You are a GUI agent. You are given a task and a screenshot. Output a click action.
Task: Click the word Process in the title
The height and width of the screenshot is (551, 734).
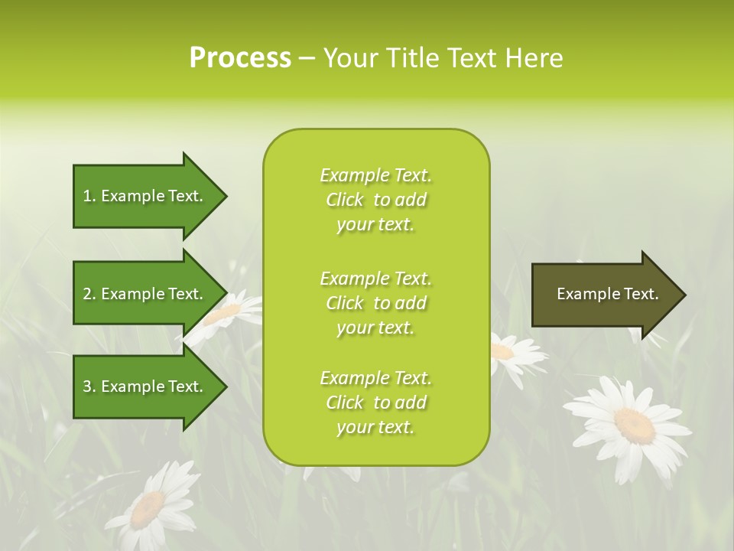[240, 58]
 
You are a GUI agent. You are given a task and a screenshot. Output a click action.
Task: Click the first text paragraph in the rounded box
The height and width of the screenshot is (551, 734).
[375, 200]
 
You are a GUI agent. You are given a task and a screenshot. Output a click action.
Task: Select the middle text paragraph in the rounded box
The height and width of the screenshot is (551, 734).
[375, 303]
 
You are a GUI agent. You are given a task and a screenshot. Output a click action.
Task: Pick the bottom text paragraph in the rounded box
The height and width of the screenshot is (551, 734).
[375, 403]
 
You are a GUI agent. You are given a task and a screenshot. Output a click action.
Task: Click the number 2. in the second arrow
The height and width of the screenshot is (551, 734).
[89, 294]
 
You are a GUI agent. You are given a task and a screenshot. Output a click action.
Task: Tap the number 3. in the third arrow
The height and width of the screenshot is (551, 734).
[89, 386]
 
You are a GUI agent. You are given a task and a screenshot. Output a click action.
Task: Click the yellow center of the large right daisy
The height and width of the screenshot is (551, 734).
[634, 424]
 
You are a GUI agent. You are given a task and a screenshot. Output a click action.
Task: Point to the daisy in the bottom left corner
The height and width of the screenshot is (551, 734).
[152, 505]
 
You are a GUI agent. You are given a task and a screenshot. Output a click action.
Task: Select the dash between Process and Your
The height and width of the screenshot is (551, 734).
[307, 58]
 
